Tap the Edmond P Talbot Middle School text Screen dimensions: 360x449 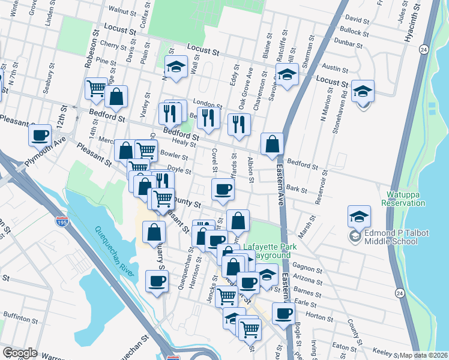coord(384,237)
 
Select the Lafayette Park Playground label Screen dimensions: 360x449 coord(268,251)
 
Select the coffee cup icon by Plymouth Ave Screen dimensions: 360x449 coord(40,135)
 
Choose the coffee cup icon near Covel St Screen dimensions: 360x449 coord(222,190)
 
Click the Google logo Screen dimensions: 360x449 coord(20,353)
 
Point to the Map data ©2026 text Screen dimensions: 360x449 coord(423,355)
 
